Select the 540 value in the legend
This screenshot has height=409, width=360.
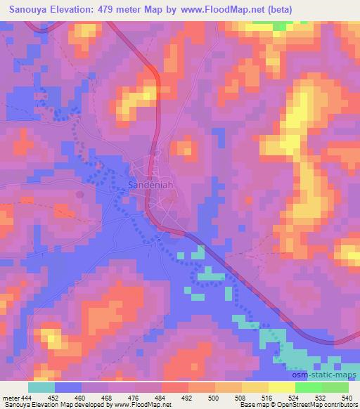click(347, 397)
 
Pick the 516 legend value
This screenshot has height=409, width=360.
click(268, 397)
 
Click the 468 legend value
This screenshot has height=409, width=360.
click(108, 397)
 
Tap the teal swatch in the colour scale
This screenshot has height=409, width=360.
click(41, 387)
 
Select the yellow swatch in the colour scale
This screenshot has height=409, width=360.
click(282, 387)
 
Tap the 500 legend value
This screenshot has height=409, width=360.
click(214, 397)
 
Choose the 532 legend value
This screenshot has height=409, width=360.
click(320, 397)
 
